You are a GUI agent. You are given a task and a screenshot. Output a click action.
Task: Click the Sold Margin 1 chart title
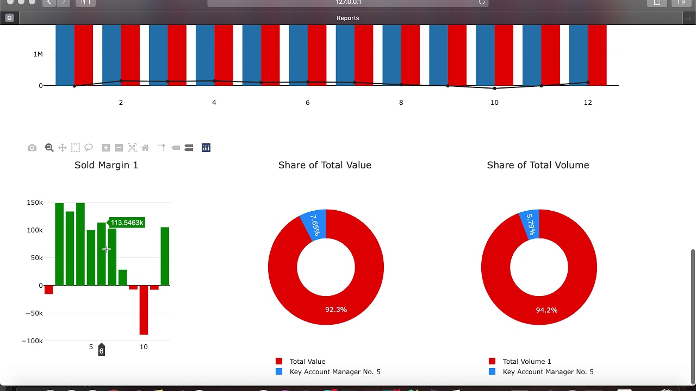[106, 165]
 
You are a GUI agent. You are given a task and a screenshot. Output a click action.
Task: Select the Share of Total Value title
[325, 165]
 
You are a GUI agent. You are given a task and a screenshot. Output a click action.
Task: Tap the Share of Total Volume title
[538, 165]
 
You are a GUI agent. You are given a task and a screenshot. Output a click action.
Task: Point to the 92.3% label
[336, 310]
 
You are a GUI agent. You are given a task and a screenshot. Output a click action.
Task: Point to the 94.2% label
[546, 310]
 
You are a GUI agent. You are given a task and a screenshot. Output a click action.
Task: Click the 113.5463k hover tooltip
[127, 223]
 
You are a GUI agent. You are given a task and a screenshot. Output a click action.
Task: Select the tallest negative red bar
[144, 310]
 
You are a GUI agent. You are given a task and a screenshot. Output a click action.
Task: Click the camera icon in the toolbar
[32, 148]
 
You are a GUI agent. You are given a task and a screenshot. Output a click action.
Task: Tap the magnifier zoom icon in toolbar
[49, 148]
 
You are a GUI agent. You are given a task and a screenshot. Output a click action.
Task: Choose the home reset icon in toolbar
[145, 148]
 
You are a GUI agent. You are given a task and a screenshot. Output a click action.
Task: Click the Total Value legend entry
[307, 361]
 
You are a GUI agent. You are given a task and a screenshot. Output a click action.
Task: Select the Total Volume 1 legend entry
[526, 361]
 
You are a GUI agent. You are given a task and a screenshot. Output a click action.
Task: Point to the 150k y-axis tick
[35, 203]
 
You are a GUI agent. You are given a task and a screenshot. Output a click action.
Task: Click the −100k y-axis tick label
[32, 341]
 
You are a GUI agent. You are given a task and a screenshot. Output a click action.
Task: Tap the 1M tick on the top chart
[38, 54]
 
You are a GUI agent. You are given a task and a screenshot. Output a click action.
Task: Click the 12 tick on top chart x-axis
[588, 103]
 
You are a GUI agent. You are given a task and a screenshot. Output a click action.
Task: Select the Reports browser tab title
[348, 18]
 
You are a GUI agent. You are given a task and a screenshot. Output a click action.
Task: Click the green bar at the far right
[165, 256]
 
